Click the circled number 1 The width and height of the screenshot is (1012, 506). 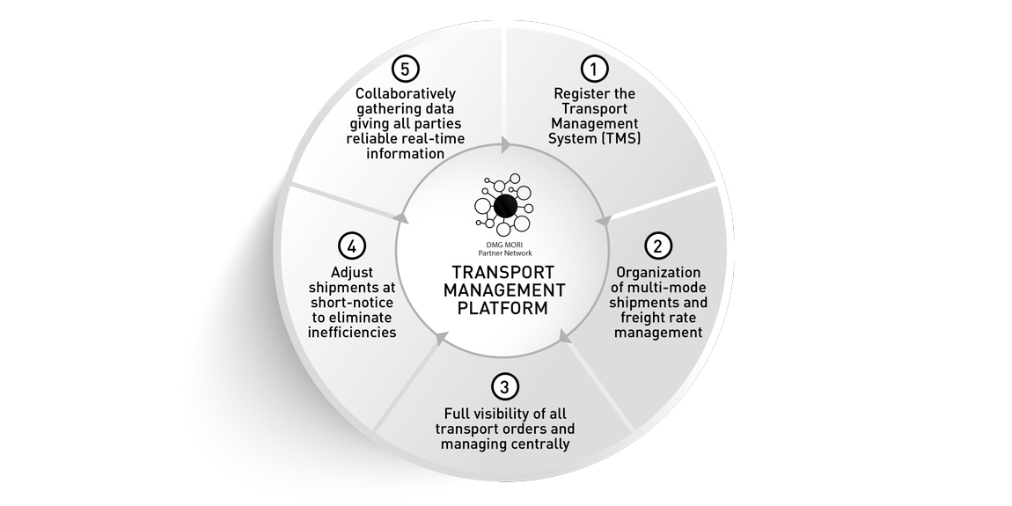click(x=594, y=67)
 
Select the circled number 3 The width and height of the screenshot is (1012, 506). click(x=502, y=385)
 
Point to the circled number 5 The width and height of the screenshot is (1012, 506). click(x=405, y=68)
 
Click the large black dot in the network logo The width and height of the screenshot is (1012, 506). click(x=504, y=206)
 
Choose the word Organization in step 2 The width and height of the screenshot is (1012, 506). click(x=658, y=272)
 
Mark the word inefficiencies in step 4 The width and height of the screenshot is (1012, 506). click(x=352, y=332)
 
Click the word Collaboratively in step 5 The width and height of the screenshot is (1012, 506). click(x=406, y=92)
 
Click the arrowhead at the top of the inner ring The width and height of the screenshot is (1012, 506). click(x=505, y=143)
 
